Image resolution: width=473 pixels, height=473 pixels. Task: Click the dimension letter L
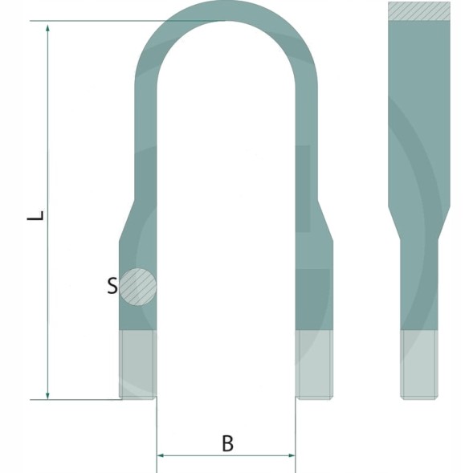click(35, 215)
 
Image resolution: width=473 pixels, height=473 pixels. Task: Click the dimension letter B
click(227, 443)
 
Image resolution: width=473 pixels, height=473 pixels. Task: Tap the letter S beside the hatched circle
click(112, 286)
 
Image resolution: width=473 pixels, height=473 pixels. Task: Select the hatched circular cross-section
click(138, 287)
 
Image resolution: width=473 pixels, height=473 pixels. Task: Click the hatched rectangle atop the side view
click(419, 11)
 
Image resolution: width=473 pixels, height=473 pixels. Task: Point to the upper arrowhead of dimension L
click(47, 29)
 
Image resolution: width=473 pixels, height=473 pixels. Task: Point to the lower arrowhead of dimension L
click(47, 395)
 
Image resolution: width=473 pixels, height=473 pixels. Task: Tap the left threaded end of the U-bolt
click(138, 365)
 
